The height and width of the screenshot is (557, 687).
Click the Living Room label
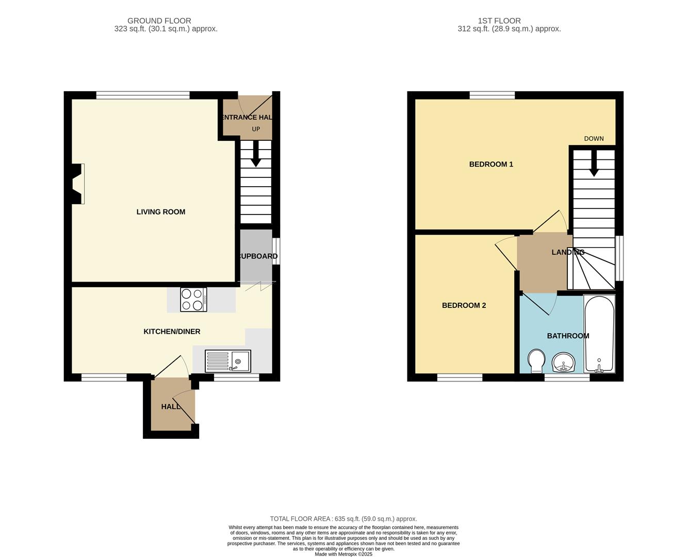(x=160, y=212)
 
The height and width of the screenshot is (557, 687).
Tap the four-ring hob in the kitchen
(x=193, y=300)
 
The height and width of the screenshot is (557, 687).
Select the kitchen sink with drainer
(x=228, y=361)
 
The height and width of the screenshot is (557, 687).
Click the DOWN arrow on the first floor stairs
(x=594, y=163)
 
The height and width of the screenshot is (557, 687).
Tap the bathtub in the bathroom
(x=599, y=334)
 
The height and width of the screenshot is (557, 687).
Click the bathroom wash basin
(x=564, y=363)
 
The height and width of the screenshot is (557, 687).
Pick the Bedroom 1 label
(x=490, y=165)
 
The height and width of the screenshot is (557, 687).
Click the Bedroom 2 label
(x=464, y=305)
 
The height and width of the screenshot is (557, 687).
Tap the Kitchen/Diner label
(x=172, y=332)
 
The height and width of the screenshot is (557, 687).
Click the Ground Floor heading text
(x=159, y=21)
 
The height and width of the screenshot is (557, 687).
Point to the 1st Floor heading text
(x=499, y=21)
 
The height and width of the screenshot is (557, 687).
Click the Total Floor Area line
(x=343, y=519)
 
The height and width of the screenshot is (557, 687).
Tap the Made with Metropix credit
(x=343, y=554)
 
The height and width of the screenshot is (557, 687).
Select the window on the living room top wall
(x=143, y=95)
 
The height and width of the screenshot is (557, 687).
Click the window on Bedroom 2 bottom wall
(x=460, y=378)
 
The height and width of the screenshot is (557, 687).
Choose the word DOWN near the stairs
(x=594, y=139)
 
